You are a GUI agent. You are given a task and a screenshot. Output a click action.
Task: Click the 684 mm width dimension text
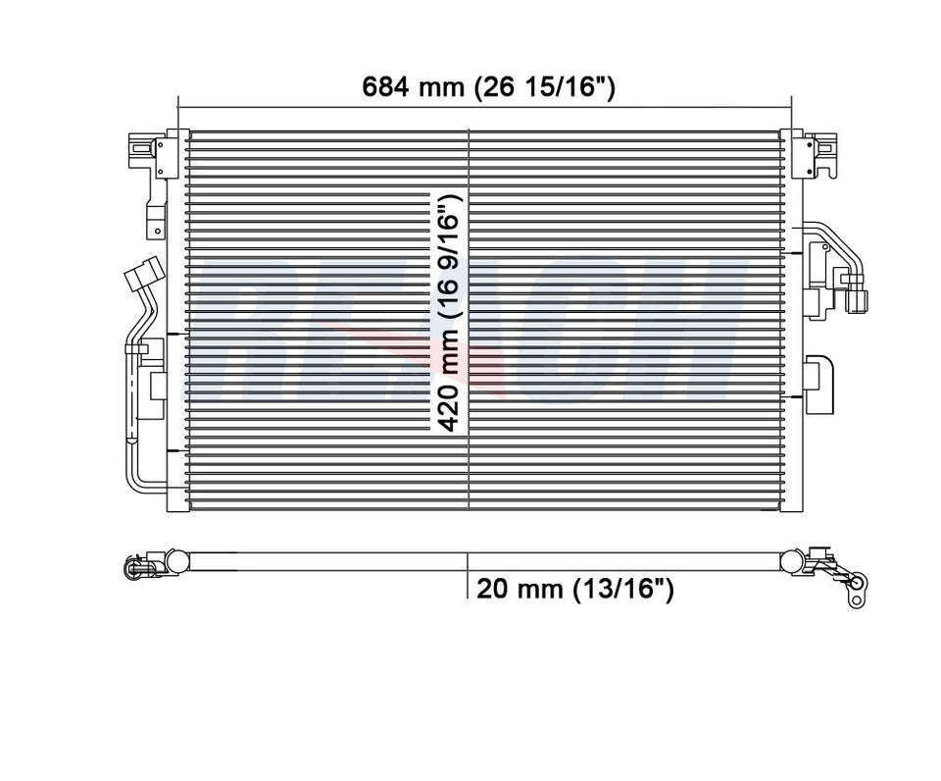point(488,87)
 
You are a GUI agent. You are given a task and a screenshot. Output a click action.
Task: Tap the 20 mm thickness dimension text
point(574,589)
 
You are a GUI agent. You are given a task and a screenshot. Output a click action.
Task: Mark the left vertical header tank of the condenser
point(178,320)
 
